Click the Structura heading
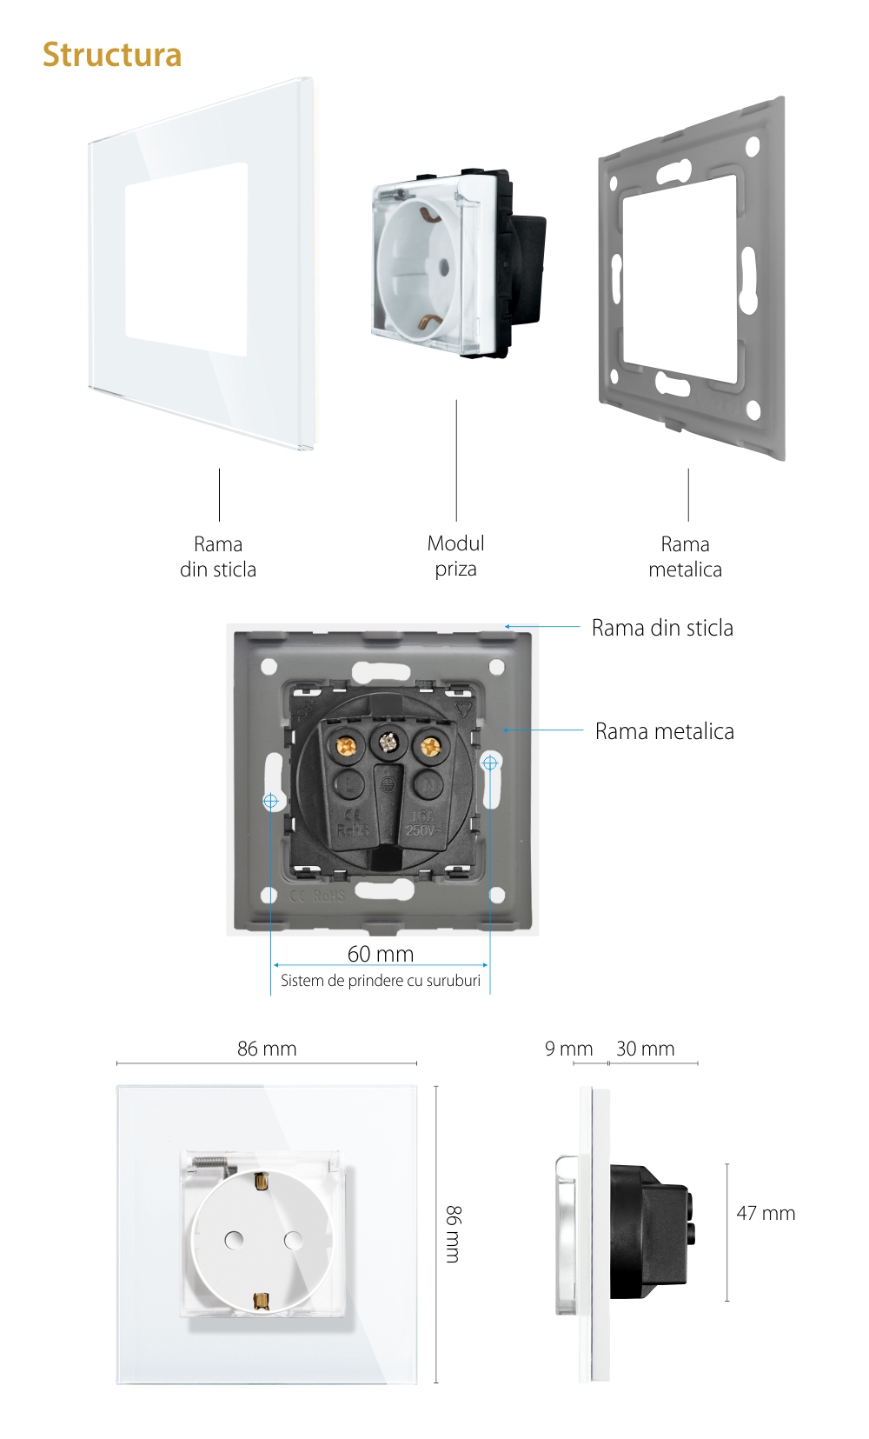point(112,55)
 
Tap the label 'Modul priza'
point(455,556)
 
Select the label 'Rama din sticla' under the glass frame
point(217,556)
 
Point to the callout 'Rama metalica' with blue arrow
point(664,731)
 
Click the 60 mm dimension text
point(381,954)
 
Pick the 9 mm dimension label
point(568,1049)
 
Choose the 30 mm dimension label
point(645,1049)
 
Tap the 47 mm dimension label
point(766,1213)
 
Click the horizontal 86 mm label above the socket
point(267,1049)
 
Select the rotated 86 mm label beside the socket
point(453,1234)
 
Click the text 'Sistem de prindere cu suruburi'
point(381,981)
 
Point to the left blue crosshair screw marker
point(270,800)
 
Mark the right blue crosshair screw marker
point(490,763)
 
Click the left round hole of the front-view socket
point(234,1240)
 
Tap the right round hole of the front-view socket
point(294,1240)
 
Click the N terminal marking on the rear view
point(428,783)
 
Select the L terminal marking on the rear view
point(349,783)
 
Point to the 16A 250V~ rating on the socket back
point(422,823)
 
